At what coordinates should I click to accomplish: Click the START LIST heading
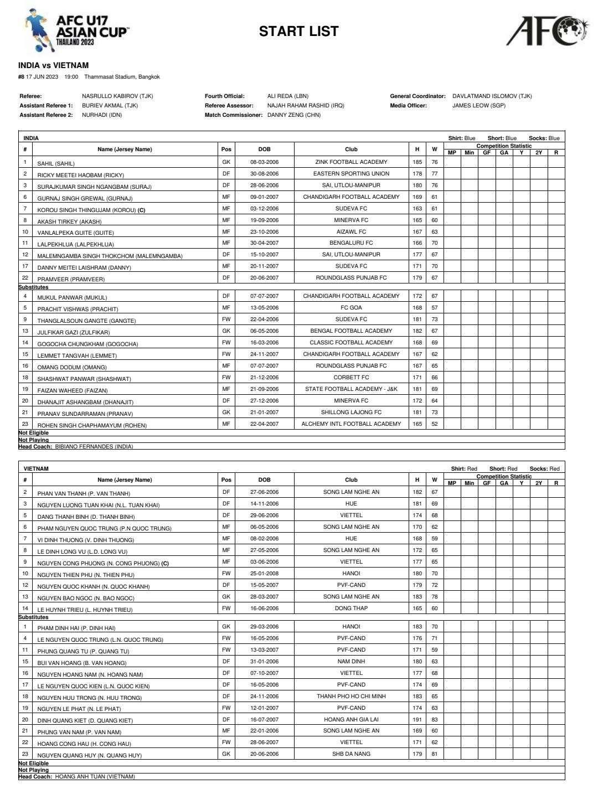(298, 32)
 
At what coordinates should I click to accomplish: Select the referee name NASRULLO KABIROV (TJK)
(117, 96)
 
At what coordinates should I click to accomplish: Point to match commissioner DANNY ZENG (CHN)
(293, 115)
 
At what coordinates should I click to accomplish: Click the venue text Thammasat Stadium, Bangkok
(122, 77)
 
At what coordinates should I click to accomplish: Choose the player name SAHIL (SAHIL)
(55, 163)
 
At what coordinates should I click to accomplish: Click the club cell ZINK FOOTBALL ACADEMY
(351, 162)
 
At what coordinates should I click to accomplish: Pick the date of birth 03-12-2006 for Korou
(264, 209)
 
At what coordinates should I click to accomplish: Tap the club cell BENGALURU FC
(351, 243)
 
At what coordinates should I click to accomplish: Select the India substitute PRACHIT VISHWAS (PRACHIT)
(78, 309)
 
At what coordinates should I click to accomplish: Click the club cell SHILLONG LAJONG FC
(351, 412)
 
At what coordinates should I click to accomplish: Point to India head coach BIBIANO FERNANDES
(94, 446)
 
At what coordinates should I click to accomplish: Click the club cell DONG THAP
(351, 608)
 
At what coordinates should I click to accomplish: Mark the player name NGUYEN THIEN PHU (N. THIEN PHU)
(86, 575)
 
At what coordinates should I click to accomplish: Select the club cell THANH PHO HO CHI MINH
(351, 697)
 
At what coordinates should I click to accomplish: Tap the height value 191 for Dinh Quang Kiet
(417, 720)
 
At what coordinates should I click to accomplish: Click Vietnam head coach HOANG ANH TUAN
(95, 776)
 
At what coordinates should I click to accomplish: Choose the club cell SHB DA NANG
(351, 754)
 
